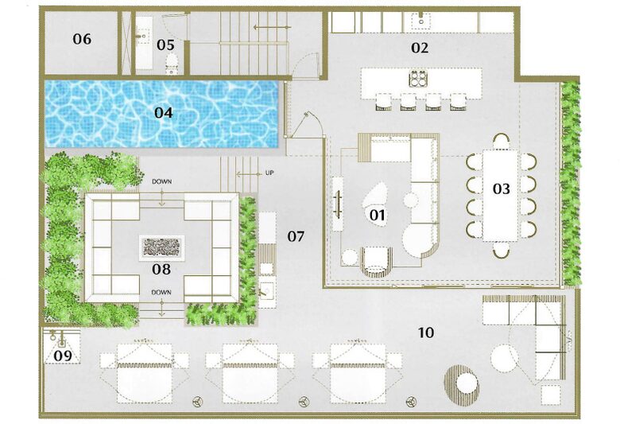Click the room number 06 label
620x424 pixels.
(x=82, y=39)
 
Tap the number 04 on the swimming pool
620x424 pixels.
(x=163, y=113)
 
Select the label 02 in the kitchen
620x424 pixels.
(x=420, y=48)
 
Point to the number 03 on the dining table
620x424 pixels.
(x=501, y=189)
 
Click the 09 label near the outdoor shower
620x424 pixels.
(x=63, y=356)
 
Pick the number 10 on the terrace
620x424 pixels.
(x=426, y=333)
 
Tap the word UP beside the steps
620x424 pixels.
(x=269, y=173)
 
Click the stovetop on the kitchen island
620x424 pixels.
(x=418, y=79)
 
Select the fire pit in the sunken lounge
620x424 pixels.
(x=161, y=247)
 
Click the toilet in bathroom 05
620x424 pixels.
(x=172, y=64)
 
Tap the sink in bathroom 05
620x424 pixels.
(x=143, y=36)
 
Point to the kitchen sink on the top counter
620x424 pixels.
(x=421, y=20)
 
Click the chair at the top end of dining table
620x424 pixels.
(x=502, y=142)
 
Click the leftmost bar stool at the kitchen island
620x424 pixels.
(x=384, y=102)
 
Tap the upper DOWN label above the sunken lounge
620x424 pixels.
(x=161, y=181)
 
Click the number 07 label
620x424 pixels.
(x=296, y=236)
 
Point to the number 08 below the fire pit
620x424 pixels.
(x=161, y=269)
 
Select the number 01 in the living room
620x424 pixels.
(x=377, y=215)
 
